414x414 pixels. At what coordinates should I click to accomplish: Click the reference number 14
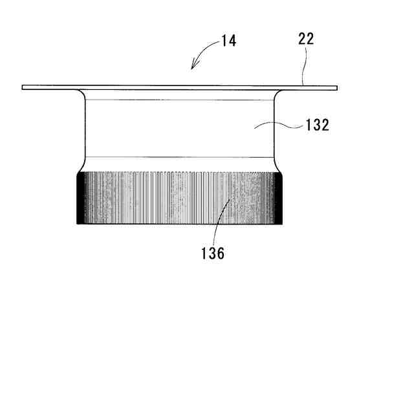click(228, 41)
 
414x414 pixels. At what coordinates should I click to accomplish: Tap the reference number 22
click(306, 39)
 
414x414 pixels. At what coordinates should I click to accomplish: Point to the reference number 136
click(212, 254)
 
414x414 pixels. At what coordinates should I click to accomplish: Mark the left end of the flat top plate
click(24, 87)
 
